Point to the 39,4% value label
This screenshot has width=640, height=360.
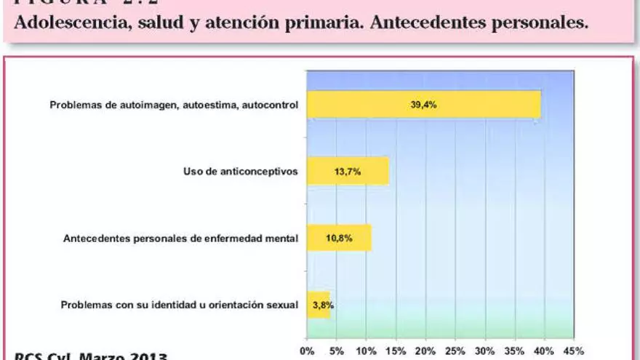coord(423,105)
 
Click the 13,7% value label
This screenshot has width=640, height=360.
coord(348,172)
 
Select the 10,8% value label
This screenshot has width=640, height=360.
coord(340,238)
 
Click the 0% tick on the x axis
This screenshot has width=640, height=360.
coord(307,351)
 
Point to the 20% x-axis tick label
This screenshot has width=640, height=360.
coord(425,351)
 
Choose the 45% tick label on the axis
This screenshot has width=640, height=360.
coord(574,351)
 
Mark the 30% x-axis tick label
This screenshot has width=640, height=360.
coord(484,351)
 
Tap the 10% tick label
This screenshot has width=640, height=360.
coord(366,351)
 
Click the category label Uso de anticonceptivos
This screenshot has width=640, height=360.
coord(240,172)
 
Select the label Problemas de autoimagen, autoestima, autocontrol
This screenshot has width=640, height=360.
coord(174,105)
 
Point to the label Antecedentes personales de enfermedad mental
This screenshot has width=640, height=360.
coord(180,238)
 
